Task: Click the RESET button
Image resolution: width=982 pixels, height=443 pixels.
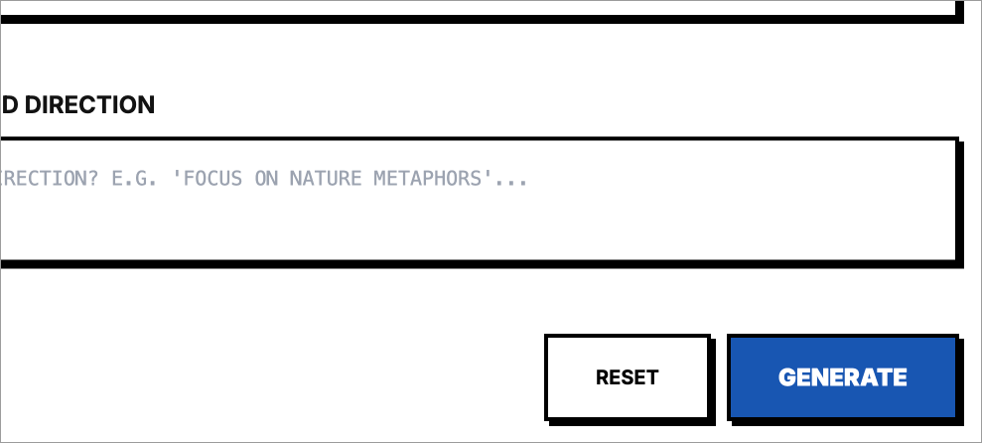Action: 627,377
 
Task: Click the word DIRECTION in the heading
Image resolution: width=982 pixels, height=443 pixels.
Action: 89,104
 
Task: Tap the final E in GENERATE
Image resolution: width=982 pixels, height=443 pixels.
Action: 899,377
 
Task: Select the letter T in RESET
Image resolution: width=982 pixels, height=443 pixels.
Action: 651,377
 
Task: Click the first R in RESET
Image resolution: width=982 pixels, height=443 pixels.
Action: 602,377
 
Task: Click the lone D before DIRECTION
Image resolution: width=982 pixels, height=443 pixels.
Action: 8,104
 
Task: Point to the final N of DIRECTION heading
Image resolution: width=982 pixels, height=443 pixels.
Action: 146,104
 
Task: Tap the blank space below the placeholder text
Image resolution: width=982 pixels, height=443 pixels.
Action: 477,228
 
